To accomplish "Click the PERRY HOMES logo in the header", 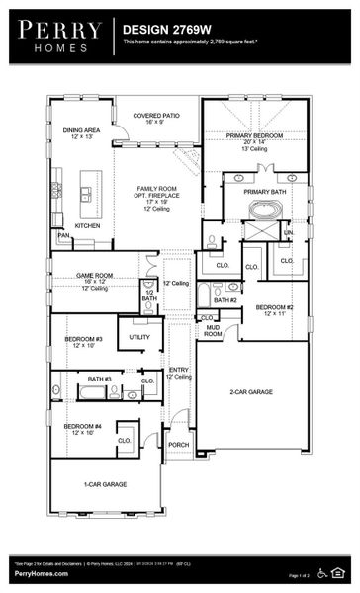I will coord(56,37).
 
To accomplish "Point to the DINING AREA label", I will coord(81,129).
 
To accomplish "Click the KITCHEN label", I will coord(88,225).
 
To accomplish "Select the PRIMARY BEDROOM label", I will coord(256,135).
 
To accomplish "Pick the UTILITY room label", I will coord(140,337).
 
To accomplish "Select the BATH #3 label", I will coord(99,379).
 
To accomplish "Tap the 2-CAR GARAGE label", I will coord(251,392).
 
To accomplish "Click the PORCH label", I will coord(178,445).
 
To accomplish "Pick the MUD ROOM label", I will coord(213,332).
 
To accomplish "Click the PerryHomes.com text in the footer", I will coord(40,574).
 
